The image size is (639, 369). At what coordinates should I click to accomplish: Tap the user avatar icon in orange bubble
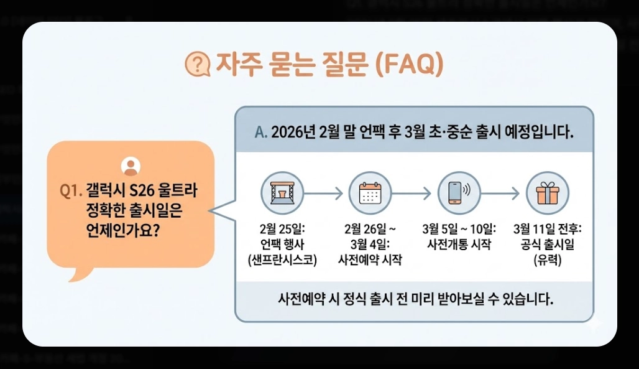[x=131, y=166]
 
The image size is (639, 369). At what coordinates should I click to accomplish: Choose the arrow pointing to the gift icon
[x=502, y=194]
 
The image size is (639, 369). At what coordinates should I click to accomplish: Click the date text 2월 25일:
[x=282, y=228]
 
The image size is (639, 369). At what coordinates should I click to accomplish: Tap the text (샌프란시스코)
[x=282, y=260]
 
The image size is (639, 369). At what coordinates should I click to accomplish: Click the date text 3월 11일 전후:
[x=548, y=228]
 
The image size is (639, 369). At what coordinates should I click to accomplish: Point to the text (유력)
[x=548, y=260]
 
